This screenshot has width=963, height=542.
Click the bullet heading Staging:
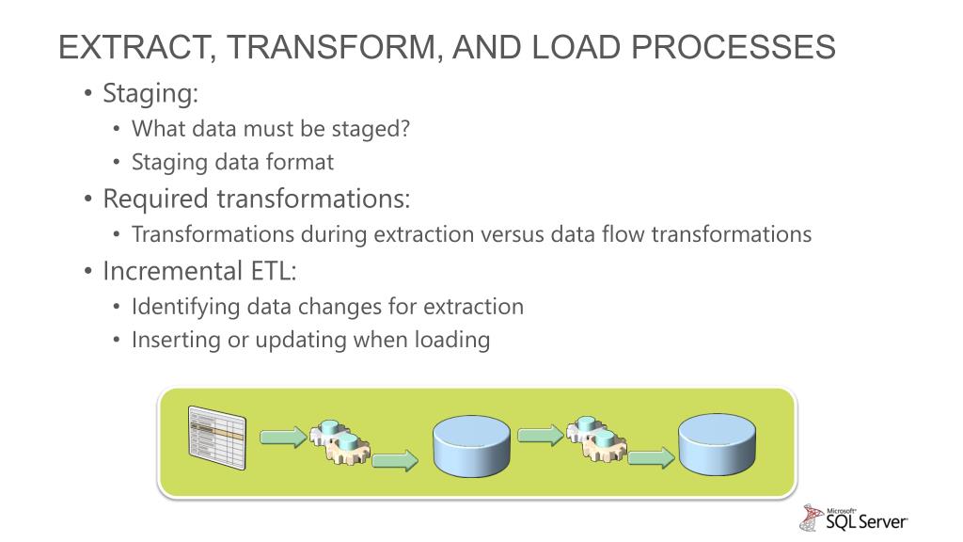(150, 94)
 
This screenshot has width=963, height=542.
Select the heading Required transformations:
(257, 199)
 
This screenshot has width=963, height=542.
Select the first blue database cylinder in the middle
(471, 446)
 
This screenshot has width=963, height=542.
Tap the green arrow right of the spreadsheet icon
(282, 437)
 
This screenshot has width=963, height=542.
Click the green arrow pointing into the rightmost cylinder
(652, 459)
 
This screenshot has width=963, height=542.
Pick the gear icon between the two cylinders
(596, 439)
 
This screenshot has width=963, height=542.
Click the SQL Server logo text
(865, 520)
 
